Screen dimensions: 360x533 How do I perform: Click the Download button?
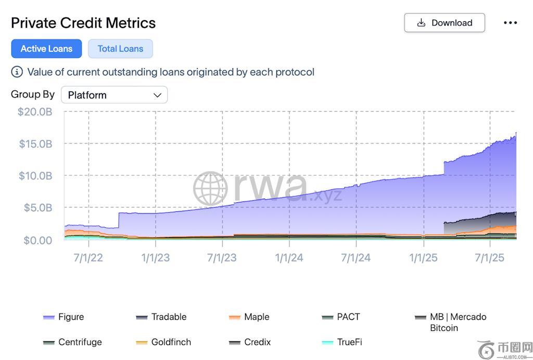(445, 23)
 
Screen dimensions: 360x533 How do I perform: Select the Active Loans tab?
(46, 49)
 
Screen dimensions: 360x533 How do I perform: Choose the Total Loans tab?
(120, 49)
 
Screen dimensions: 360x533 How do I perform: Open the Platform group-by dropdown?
(115, 95)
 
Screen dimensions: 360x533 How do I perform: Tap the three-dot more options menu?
(510, 23)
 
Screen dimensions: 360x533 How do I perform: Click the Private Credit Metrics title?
(83, 23)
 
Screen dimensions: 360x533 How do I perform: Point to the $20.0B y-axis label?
(35, 112)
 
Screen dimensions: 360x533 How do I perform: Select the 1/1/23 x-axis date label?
(155, 258)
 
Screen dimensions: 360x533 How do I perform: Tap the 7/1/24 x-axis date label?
(356, 258)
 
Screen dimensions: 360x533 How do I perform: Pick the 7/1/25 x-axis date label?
(490, 258)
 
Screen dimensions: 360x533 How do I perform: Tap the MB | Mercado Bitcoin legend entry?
(451, 322)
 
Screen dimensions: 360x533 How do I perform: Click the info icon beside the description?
(17, 72)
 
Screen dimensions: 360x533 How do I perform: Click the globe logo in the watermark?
(210, 188)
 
